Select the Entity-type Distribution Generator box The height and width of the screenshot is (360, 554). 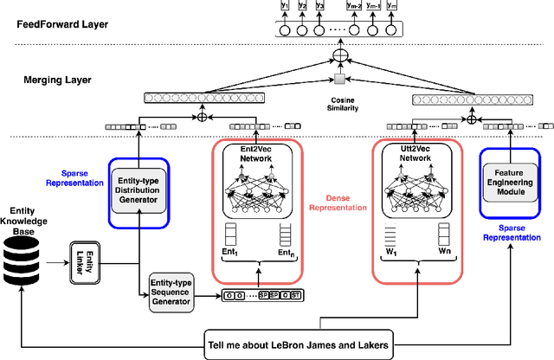pos(138,190)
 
